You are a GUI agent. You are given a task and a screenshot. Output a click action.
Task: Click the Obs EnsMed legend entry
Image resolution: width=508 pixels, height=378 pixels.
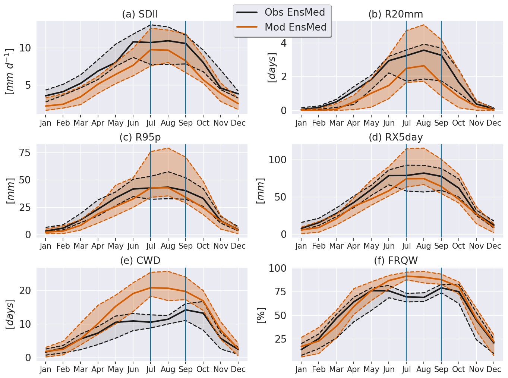tap(294, 12)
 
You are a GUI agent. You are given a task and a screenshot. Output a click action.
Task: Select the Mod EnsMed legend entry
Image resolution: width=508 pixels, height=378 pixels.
tap(295, 27)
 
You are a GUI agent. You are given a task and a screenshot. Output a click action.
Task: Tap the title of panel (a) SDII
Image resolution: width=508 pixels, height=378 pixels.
tap(140, 15)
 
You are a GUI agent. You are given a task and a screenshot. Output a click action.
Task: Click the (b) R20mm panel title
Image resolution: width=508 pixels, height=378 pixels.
tap(396, 15)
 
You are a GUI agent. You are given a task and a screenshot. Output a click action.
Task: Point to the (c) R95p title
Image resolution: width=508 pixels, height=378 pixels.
tap(140, 137)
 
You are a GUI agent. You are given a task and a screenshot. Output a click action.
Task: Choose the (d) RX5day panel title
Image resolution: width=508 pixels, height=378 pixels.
tap(396, 138)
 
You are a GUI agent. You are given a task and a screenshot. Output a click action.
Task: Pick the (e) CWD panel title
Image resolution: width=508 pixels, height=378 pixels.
tap(140, 260)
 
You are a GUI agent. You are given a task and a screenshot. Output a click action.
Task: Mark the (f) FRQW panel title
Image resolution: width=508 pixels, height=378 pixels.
tap(396, 261)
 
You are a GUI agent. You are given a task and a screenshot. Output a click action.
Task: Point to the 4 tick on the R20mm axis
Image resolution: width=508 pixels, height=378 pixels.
tap(284, 43)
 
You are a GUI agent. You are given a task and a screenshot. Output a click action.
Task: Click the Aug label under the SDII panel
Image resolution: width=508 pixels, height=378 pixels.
tap(168, 123)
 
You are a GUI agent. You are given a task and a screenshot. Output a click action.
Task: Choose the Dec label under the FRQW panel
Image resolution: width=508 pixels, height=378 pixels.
tap(494, 369)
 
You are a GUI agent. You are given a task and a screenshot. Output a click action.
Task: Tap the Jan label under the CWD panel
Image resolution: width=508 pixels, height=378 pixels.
tap(45, 369)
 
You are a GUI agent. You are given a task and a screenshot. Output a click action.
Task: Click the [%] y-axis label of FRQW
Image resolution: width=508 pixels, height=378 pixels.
tap(261, 315)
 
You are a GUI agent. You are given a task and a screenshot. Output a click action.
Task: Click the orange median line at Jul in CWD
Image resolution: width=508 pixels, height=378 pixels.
tap(151, 288)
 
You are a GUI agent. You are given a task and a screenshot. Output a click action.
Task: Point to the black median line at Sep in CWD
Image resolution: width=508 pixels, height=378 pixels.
tap(186, 310)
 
